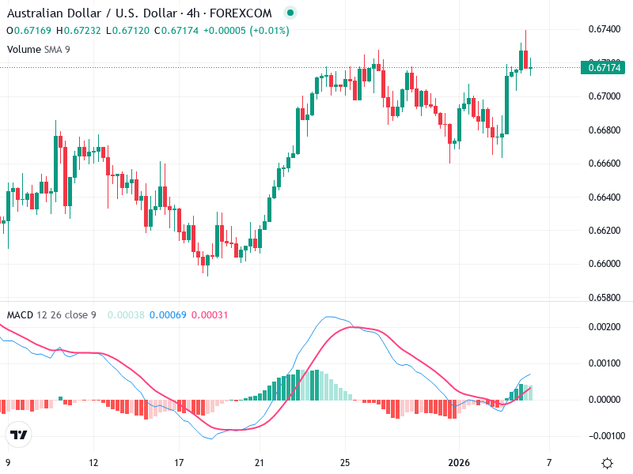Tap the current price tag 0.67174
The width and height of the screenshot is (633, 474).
(x=606, y=68)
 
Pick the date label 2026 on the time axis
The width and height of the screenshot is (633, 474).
(x=459, y=462)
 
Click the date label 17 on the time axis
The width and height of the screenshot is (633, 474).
(x=180, y=462)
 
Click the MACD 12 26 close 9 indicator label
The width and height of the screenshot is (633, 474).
(x=51, y=315)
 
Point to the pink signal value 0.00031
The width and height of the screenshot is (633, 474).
(x=210, y=315)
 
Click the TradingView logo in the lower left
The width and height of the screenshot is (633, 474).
(x=19, y=435)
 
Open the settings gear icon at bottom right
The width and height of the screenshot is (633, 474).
(x=607, y=462)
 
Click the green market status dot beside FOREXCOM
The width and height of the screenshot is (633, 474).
(x=290, y=13)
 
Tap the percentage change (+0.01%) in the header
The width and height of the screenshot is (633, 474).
(x=270, y=31)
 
